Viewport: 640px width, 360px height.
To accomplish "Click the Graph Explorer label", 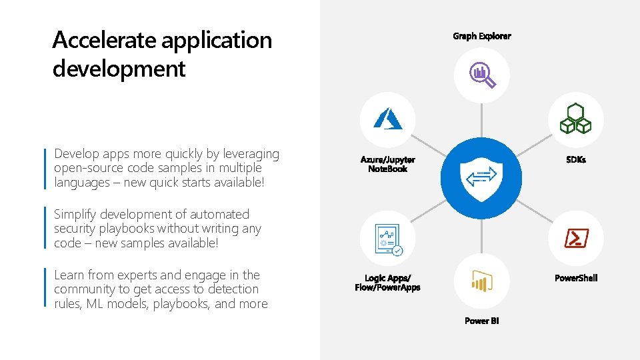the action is click(x=481, y=36).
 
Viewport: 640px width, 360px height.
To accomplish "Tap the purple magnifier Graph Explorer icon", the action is click(x=482, y=75).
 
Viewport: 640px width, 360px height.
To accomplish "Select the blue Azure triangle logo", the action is click(x=388, y=119).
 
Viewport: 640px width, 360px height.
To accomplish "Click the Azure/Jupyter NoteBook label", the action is click(x=388, y=164).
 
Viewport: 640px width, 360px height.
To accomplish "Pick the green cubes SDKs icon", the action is click(x=575, y=119).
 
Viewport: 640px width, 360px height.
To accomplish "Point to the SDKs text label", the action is click(x=575, y=160).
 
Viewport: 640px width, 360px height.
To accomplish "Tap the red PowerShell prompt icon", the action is click(x=575, y=237).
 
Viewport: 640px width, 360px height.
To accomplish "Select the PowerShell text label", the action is click(x=576, y=278).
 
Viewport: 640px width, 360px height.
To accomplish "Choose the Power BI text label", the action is click(x=481, y=321).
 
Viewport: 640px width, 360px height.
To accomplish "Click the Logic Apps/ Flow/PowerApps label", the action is click(x=387, y=283).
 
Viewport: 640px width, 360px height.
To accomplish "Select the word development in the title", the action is click(x=119, y=68).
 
